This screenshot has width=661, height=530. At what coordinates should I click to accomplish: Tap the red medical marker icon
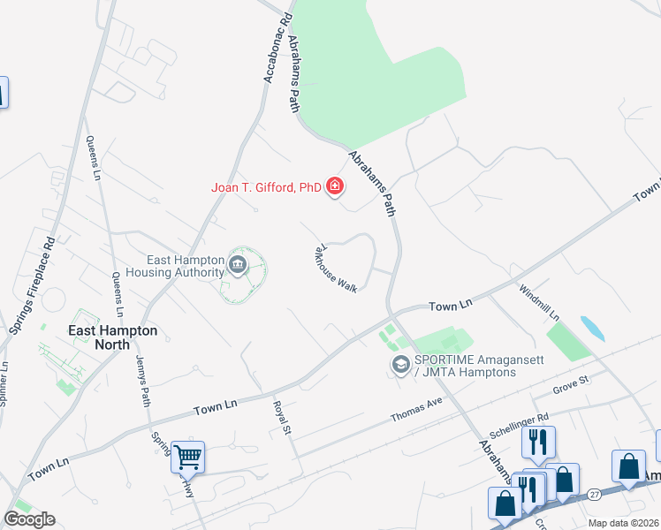pyautogui.click(x=335, y=185)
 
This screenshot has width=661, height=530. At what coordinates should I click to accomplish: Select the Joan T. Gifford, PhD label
pyautogui.click(x=266, y=186)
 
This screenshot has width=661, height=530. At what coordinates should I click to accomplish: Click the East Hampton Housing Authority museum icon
pyautogui.click(x=237, y=264)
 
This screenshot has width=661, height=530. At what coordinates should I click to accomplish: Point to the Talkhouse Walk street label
pyautogui.click(x=333, y=269)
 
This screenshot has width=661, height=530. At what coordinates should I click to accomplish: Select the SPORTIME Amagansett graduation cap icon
pyautogui.click(x=400, y=364)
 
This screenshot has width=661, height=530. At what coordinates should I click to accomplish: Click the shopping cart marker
pyautogui.click(x=187, y=457)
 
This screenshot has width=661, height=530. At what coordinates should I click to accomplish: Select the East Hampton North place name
pyautogui.click(x=113, y=330)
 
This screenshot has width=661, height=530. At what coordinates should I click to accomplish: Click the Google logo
pyautogui.click(x=29, y=519)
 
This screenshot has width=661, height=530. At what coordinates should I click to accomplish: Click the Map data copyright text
pyautogui.click(x=624, y=523)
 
